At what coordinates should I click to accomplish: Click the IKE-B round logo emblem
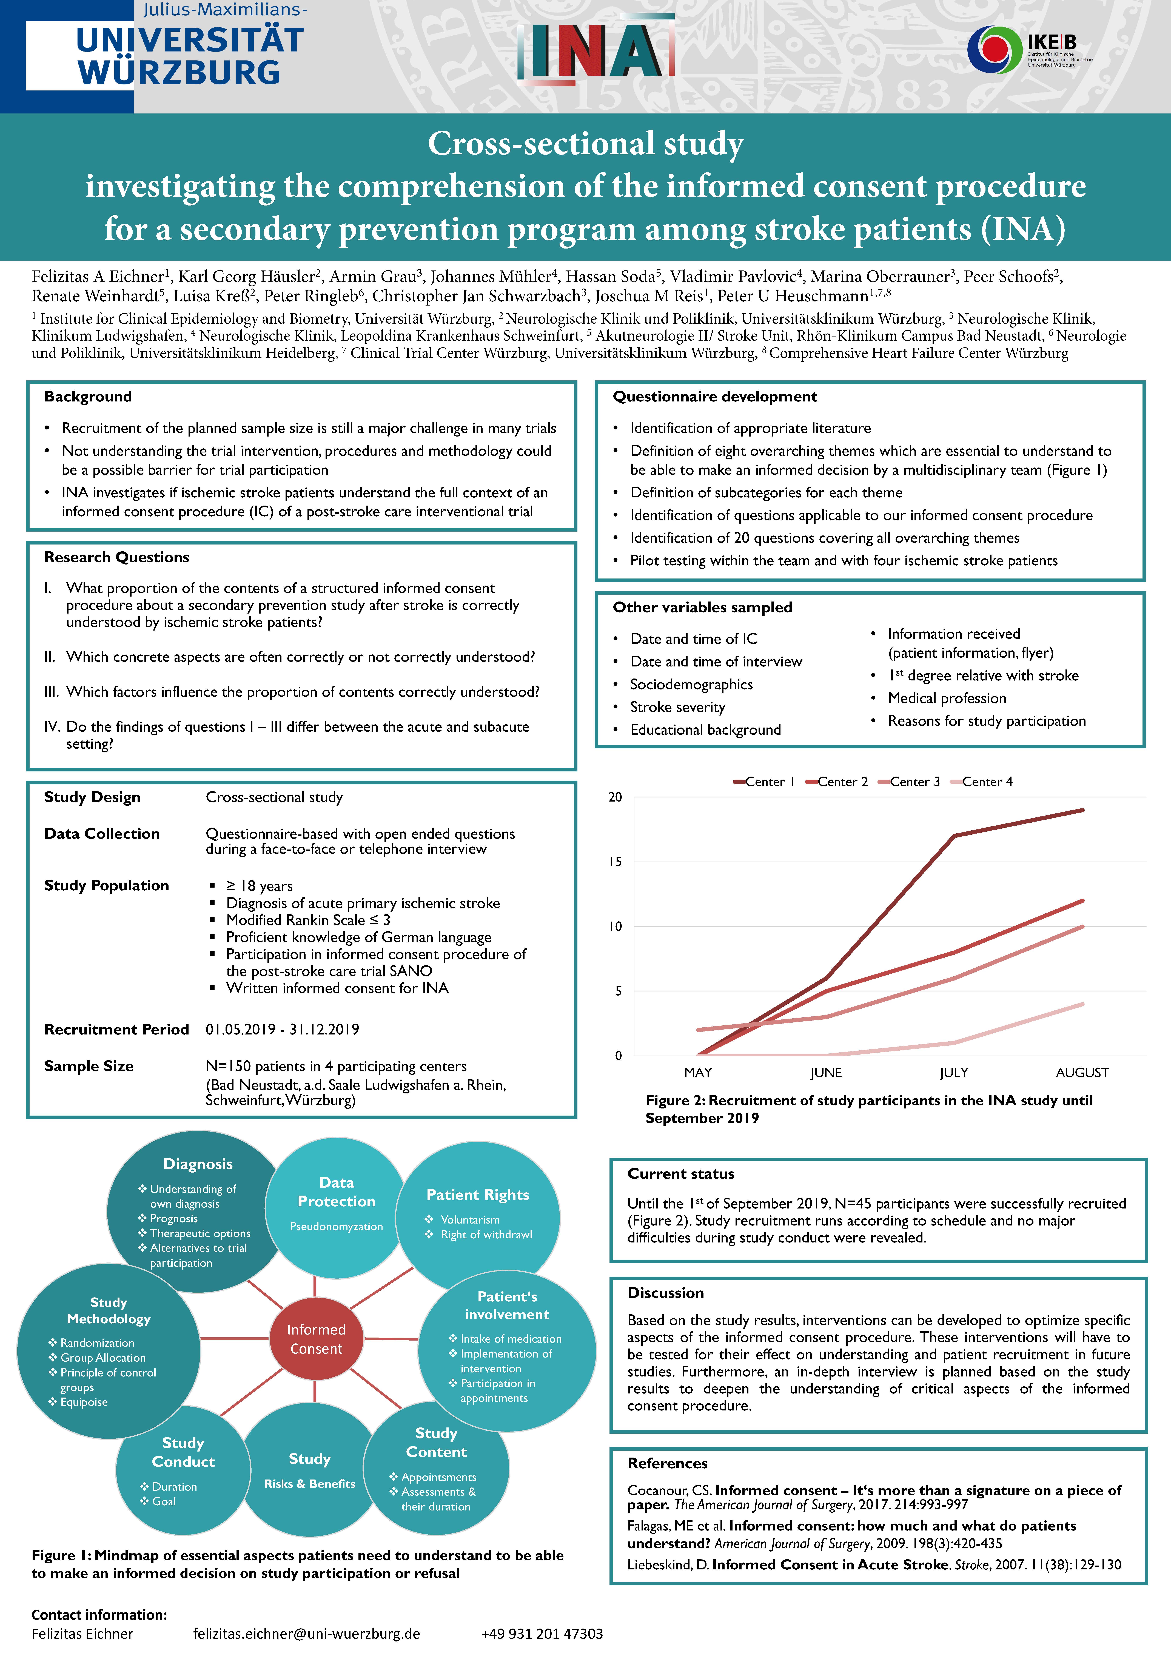(995, 49)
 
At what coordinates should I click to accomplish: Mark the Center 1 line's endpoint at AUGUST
(1082, 810)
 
